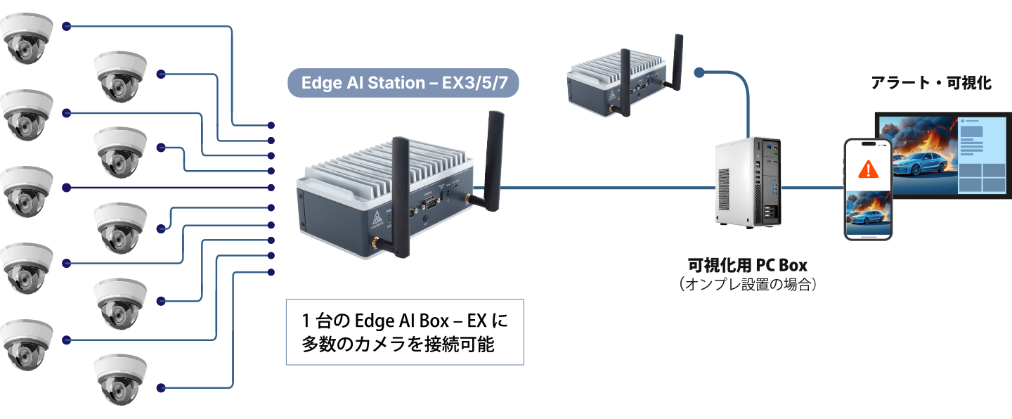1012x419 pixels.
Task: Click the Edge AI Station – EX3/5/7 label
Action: tap(403, 83)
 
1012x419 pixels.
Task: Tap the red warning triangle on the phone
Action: tap(869, 169)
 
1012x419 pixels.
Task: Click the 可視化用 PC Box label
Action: tap(747, 266)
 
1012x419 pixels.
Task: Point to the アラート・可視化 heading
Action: tap(931, 83)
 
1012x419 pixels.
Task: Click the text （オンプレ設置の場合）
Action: tap(747, 285)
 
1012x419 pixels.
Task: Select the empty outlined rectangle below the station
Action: tap(404, 332)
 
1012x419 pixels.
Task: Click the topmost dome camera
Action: tap(27, 39)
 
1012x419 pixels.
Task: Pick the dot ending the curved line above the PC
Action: tap(699, 72)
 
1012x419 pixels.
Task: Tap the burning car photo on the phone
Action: tap(869, 214)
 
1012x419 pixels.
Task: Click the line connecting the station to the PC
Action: tap(604, 188)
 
